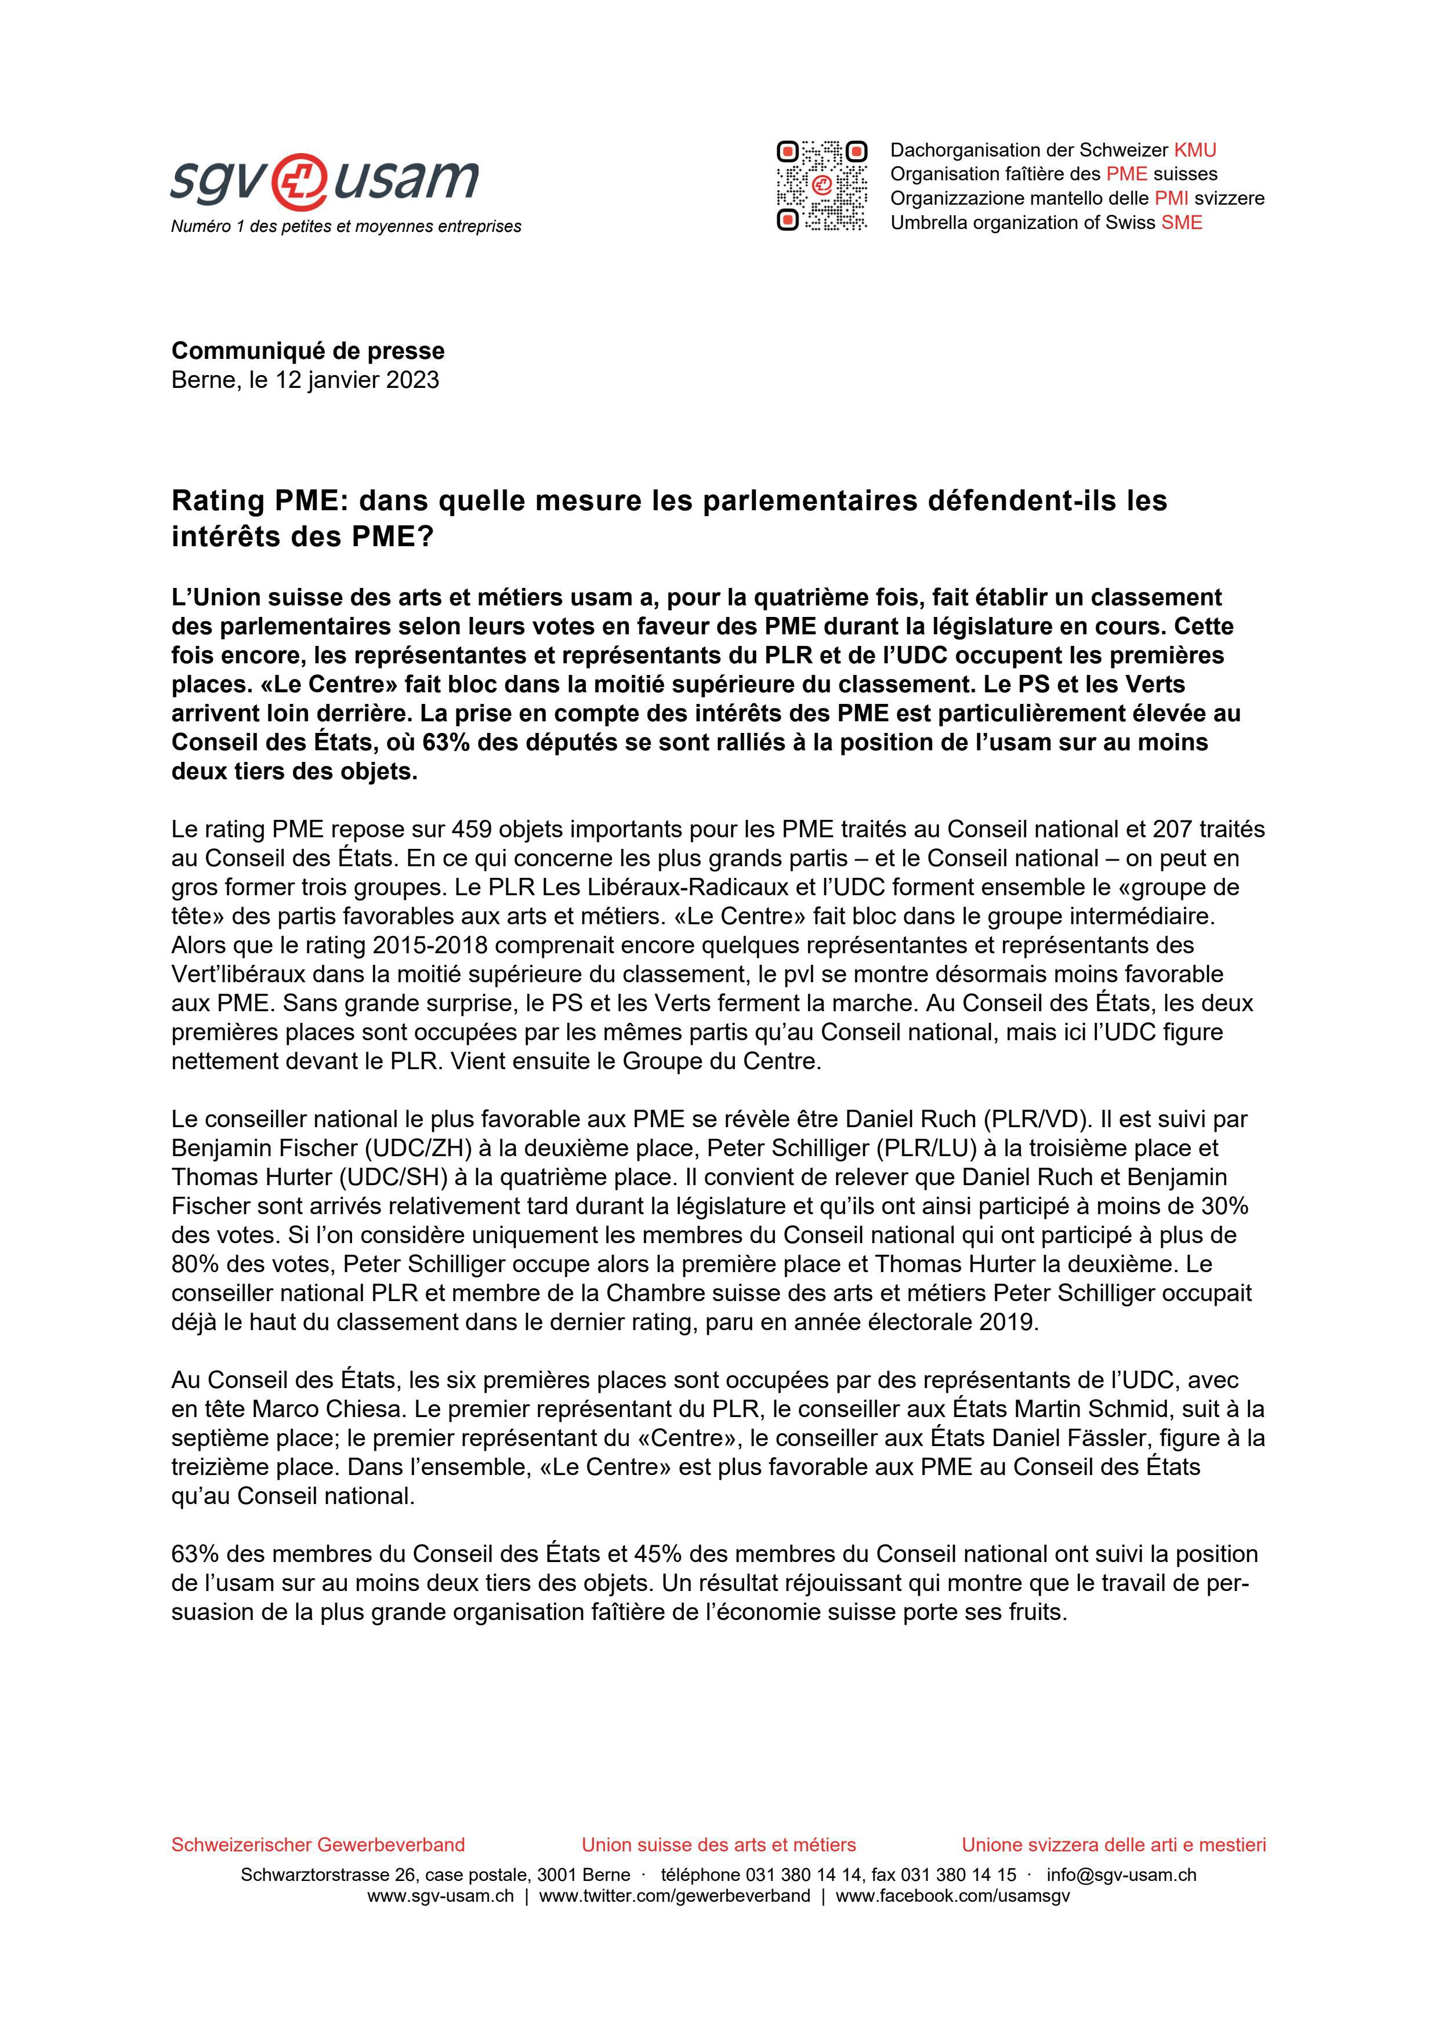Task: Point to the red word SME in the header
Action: [1182, 222]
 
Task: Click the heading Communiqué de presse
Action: [307, 351]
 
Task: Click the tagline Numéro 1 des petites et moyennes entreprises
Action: [346, 227]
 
